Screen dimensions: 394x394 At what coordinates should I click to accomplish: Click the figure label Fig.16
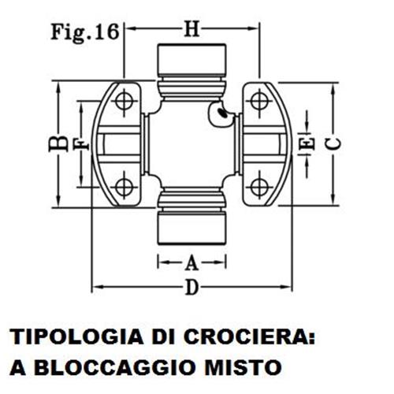tap(85, 33)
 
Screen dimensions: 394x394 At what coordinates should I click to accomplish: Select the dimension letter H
tap(191, 28)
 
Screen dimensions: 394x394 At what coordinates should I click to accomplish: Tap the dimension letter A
tap(191, 263)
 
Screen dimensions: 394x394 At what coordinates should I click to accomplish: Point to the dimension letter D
tap(191, 288)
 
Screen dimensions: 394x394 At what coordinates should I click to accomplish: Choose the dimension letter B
tap(58, 143)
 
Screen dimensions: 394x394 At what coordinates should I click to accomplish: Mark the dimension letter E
tap(307, 143)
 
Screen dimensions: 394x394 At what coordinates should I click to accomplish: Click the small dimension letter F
tap(82, 145)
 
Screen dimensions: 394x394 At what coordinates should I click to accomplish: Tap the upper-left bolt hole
tap(124, 101)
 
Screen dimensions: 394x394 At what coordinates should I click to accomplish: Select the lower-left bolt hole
tap(124, 187)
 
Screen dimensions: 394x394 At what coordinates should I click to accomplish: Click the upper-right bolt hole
tap(259, 101)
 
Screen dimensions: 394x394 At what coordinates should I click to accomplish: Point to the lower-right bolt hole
tap(259, 187)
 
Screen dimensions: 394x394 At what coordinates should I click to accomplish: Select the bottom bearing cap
tap(191, 228)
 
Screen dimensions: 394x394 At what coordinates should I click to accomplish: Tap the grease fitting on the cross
tap(221, 113)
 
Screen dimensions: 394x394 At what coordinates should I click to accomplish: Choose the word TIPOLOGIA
tap(76, 336)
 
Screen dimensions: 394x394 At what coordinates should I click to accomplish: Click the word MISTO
tap(243, 367)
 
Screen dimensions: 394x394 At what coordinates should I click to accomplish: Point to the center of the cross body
tap(191, 144)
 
